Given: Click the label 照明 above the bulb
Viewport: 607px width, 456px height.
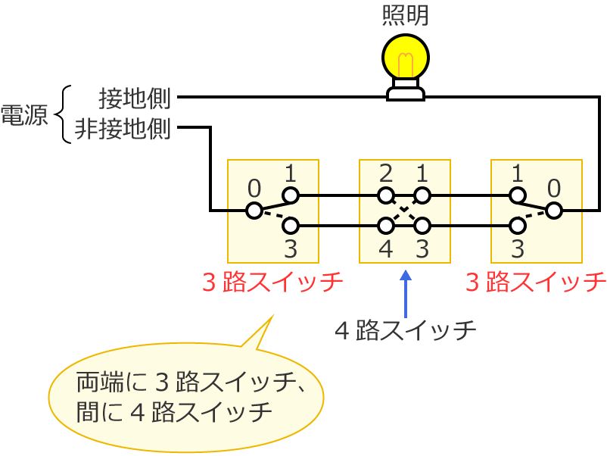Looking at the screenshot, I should tap(406, 16).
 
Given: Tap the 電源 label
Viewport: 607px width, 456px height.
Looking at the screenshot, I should tap(23, 114).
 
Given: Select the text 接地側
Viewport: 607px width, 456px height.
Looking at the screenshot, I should tap(135, 98).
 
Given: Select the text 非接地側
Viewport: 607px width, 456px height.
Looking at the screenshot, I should tap(123, 130).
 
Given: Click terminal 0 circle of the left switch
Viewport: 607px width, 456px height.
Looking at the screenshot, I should tap(254, 210).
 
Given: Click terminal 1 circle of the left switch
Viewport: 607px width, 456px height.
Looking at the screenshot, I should tap(291, 195).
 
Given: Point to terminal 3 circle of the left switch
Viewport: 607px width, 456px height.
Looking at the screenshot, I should tap(291, 225).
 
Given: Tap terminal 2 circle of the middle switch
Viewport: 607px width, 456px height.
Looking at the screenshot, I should tap(386, 195).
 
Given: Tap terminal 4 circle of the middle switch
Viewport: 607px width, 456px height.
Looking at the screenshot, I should tap(386, 225).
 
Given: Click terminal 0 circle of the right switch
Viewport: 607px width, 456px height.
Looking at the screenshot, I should tap(554, 210).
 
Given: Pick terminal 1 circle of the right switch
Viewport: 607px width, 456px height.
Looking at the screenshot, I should tap(518, 195).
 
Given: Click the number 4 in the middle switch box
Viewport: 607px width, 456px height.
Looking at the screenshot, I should tap(385, 248).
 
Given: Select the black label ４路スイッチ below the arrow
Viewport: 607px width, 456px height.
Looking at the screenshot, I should tap(406, 331).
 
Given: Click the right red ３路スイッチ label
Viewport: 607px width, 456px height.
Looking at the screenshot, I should tap(536, 283).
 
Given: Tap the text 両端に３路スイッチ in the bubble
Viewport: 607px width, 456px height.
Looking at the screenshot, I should tap(189, 383).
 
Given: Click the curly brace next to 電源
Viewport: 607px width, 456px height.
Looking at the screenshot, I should tap(64, 114).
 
